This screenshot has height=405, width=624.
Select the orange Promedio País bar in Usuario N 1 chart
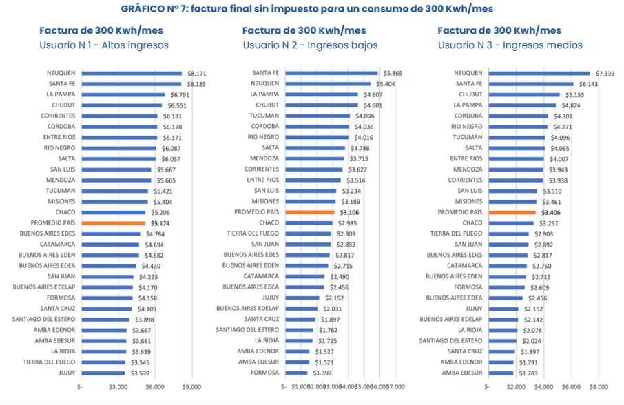coord(113,223)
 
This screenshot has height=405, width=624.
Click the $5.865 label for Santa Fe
coord(393,73)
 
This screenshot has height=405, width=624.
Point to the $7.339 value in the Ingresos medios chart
coord(605,73)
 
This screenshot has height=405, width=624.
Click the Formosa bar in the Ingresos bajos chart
coord(296,373)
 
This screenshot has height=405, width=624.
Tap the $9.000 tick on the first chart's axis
coord(192,387)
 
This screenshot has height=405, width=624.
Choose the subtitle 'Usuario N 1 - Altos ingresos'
coord(104,45)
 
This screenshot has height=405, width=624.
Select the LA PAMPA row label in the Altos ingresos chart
coord(61,94)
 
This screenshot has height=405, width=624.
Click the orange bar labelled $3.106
coord(309,212)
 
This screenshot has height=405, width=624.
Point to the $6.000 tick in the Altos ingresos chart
coord(155,387)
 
